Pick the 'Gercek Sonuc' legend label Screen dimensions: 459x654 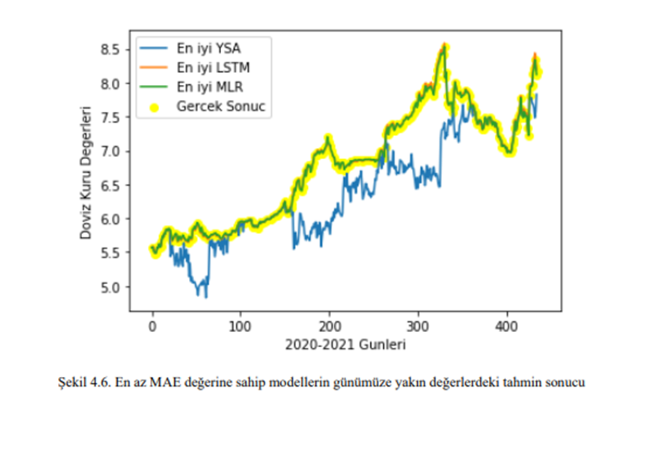click(x=220, y=106)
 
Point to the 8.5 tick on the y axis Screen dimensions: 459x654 click(x=114, y=50)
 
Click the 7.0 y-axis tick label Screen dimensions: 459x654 click(x=114, y=151)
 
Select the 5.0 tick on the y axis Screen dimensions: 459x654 click(x=114, y=287)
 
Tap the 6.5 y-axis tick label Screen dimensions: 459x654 click(x=114, y=185)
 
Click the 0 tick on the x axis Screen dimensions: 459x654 click(x=153, y=325)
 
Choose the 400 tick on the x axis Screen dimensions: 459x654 click(x=507, y=325)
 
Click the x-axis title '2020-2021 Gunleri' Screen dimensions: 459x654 click(x=345, y=344)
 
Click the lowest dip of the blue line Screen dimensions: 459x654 click(x=206, y=297)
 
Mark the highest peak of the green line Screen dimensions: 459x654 click(x=445, y=47)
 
